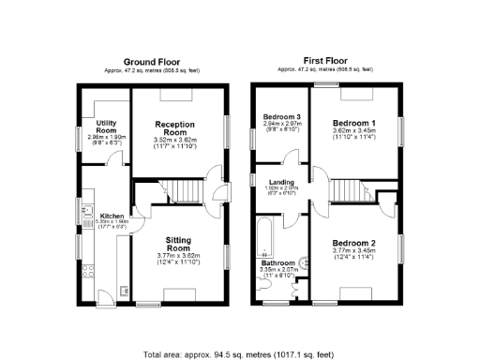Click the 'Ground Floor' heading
point(153,60)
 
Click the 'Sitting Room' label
point(178,246)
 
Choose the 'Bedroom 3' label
point(280,116)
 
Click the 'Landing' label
point(283,182)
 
